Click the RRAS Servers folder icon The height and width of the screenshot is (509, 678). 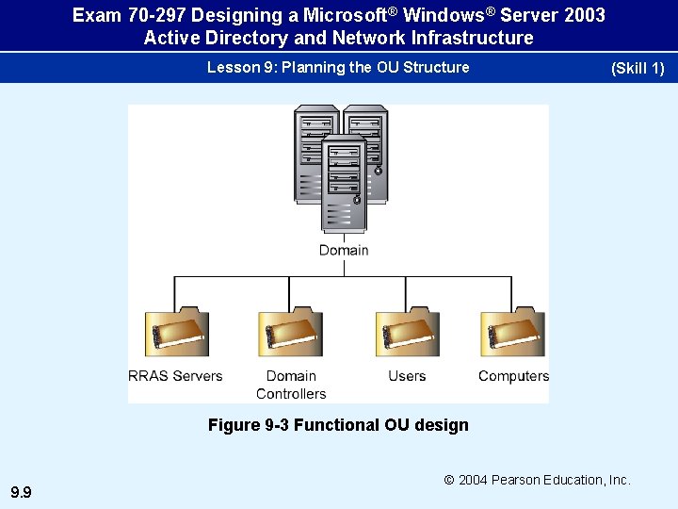176,333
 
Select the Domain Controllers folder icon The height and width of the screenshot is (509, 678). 290,333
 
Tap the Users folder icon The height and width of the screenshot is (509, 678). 407,333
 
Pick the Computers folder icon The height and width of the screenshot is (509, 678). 512,333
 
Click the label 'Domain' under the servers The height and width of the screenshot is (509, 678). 344,250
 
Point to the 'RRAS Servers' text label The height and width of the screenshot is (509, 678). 175,376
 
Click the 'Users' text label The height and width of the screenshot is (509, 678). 407,376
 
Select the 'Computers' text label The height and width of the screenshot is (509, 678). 513,376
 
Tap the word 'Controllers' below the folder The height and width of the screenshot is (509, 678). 291,394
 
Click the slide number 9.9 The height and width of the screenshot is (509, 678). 21,492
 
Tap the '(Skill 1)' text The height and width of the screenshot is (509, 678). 638,69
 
